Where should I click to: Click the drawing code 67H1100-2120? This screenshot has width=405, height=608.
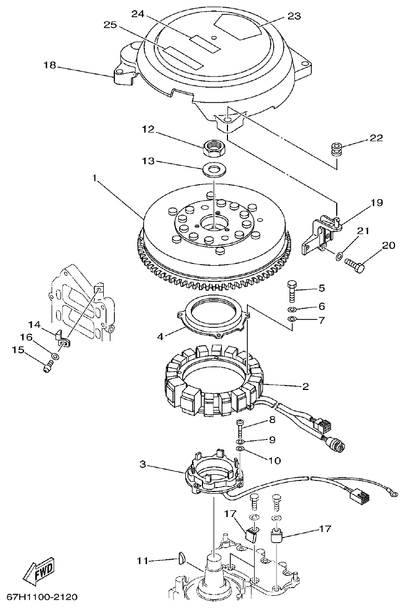click(x=42, y=597)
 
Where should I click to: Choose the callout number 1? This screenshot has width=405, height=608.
click(x=95, y=179)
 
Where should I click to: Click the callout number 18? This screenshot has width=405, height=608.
click(x=50, y=65)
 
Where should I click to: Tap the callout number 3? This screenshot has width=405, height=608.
click(x=143, y=464)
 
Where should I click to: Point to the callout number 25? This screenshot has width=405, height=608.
click(x=110, y=24)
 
